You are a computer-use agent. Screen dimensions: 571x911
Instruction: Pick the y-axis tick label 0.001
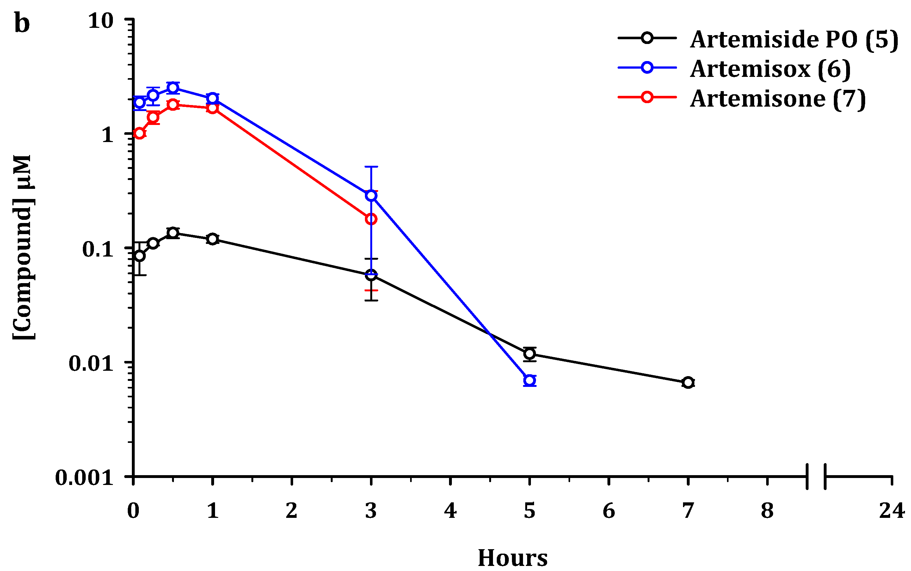coord(84,477)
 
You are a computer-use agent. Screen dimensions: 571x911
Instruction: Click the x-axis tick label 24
coord(892,511)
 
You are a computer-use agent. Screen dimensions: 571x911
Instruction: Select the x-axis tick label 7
coord(688,511)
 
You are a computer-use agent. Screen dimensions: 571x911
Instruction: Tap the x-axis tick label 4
coord(450,511)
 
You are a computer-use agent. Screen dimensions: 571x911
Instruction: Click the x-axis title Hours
coord(513,558)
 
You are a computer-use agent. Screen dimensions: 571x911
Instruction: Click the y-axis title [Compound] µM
coord(23,247)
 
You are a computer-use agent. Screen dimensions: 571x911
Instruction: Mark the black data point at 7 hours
coord(688,382)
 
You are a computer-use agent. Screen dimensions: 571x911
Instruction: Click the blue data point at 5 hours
coord(529,380)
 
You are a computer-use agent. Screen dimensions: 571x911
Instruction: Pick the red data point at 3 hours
coord(371,219)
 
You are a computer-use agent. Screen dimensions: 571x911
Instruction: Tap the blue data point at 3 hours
coord(371,196)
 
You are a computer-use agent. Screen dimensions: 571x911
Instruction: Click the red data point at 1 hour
coord(212,109)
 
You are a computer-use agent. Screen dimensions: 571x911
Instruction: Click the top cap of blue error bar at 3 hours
coord(371,166)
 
